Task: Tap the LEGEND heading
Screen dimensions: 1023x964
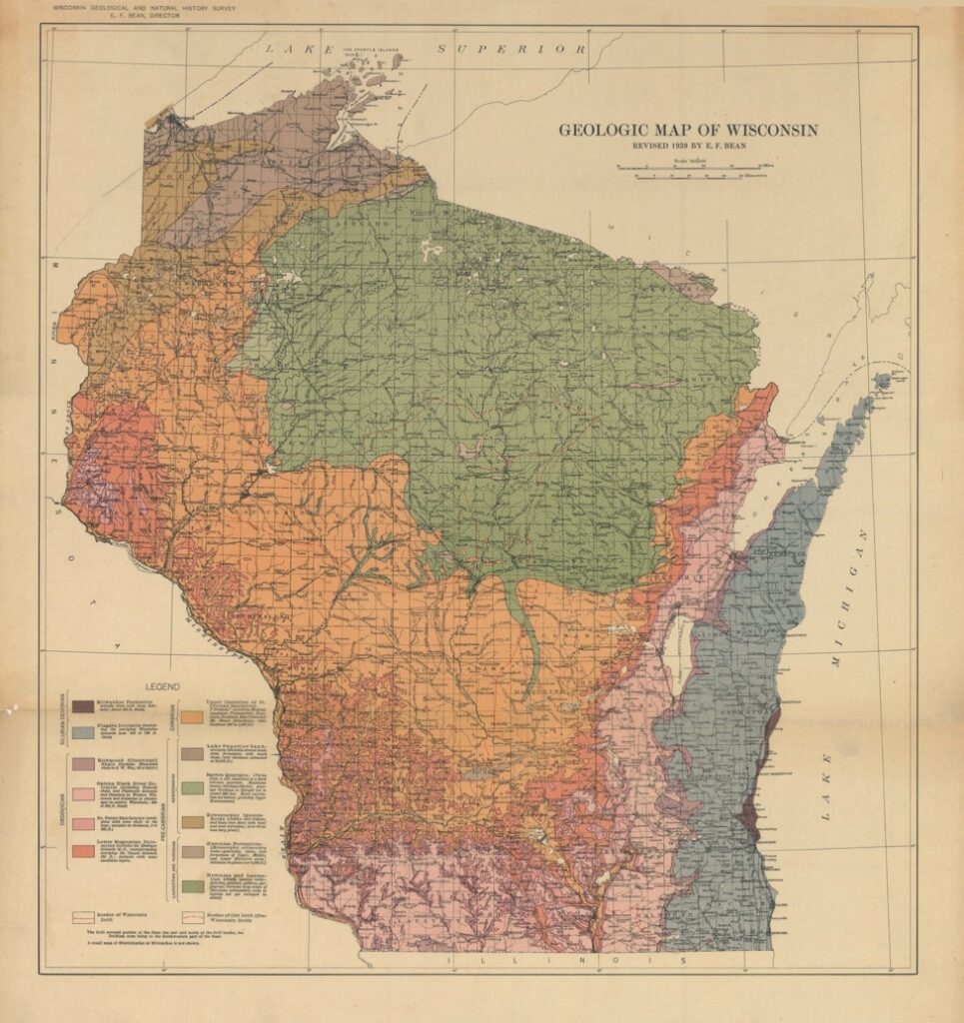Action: tap(163, 687)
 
